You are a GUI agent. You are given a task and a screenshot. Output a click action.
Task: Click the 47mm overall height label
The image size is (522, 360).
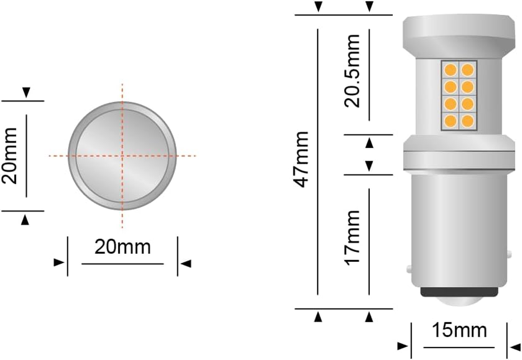point(301,159)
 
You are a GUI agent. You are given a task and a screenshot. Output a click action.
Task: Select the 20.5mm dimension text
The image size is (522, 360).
point(352,70)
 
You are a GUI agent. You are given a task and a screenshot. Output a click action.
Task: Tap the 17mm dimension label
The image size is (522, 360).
point(352,237)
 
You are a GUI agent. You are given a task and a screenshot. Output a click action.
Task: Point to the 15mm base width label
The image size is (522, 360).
point(459,331)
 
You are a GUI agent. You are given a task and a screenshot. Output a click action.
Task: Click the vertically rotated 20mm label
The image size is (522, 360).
point(9,155)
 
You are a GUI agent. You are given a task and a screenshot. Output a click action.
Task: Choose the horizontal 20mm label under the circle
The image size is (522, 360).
point(122,247)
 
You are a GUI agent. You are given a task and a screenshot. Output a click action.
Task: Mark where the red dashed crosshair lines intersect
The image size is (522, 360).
point(122,156)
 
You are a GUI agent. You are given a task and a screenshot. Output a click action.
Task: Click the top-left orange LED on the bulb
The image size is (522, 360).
point(450,70)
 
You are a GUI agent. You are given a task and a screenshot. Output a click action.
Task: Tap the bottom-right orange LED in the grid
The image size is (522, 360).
point(468,121)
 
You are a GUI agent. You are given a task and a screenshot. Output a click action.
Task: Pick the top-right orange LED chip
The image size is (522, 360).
point(468,70)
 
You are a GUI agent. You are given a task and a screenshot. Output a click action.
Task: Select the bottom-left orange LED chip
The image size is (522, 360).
point(450,121)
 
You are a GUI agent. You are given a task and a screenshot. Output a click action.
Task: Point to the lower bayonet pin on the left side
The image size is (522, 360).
point(409,269)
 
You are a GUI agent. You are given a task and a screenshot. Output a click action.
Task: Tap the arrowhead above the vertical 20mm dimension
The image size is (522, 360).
point(26,92)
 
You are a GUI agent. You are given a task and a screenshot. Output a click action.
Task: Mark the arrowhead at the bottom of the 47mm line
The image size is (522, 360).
point(318,317)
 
